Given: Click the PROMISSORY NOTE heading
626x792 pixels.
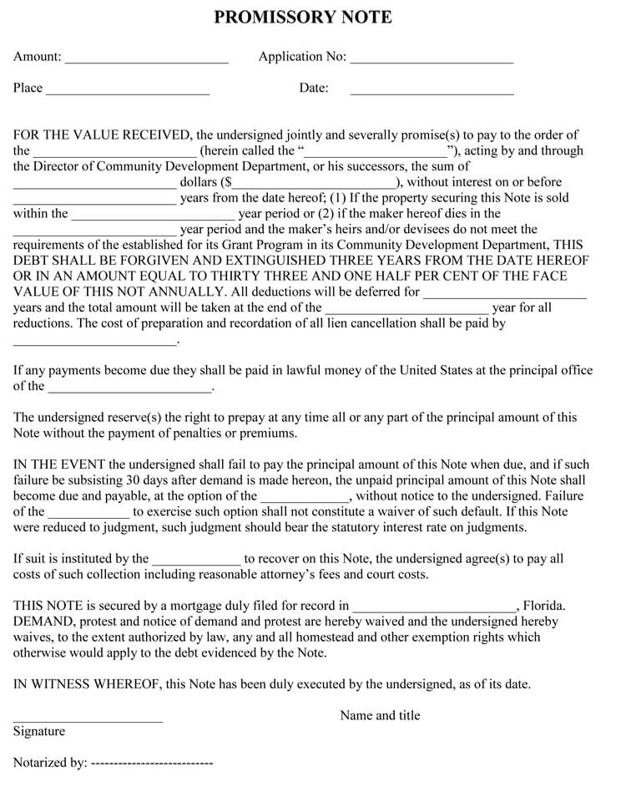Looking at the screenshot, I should point(303,18).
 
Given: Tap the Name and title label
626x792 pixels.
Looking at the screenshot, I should point(380,715).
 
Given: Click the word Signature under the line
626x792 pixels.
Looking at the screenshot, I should point(39,731).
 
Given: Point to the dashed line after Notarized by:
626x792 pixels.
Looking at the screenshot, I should point(151,763).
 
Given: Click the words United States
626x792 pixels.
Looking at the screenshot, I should point(434,370).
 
